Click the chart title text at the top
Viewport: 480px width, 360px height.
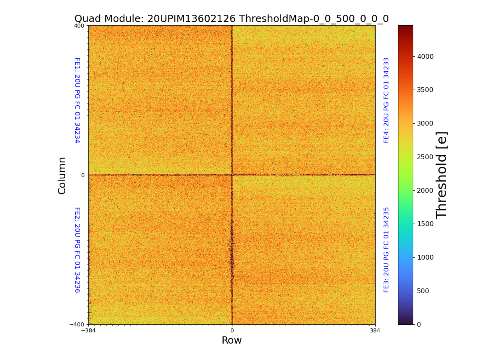coord(231,19)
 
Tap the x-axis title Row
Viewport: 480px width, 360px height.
coord(232,340)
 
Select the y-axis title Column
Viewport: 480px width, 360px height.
coord(62,175)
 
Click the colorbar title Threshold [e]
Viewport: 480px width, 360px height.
coord(442,175)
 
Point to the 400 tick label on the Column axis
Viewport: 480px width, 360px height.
coord(79,26)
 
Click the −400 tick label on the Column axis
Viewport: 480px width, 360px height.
coord(77,324)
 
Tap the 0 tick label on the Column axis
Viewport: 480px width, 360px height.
coord(83,175)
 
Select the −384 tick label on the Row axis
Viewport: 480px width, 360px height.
coord(88,331)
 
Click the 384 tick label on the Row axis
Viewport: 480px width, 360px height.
coord(375,331)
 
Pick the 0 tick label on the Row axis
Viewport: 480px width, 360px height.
coord(232,331)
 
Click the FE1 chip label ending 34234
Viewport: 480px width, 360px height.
coord(77,100)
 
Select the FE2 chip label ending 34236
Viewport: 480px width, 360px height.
coord(77,250)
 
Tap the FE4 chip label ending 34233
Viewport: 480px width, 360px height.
coord(386,100)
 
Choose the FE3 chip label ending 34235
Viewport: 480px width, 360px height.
coord(386,250)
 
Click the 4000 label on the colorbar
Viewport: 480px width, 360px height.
coord(425,56)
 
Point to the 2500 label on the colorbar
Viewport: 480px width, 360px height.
coord(425,157)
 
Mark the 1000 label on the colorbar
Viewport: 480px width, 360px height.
coord(425,257)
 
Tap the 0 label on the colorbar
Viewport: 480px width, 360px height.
coord(419,324)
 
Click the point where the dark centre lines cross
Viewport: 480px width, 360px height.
coord(232,175)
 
